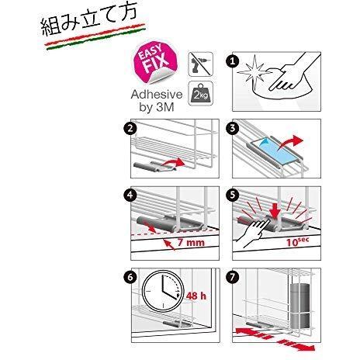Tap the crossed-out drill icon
pos(201,64)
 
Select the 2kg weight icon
pos(201,93)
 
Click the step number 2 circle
pos(130,128)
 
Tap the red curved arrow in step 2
pos(173,164)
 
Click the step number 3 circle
pos(232,128)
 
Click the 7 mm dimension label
pos(191,242)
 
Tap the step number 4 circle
pos(130,196)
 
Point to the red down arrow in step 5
pos(274,209)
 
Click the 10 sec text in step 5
pos(297,241)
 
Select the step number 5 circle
pos(232,196)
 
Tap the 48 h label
pos(196,296)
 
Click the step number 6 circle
pos(130,277)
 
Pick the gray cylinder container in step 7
pos(300,306)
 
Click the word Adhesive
pos(157,95)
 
